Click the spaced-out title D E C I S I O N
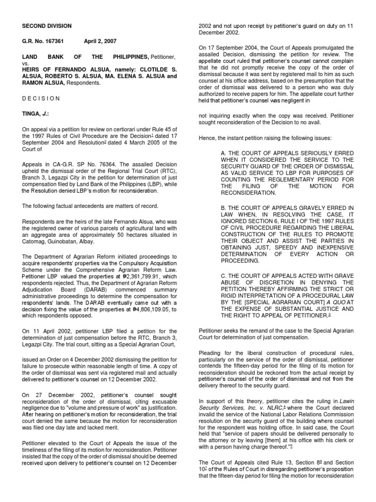[41, 98]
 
